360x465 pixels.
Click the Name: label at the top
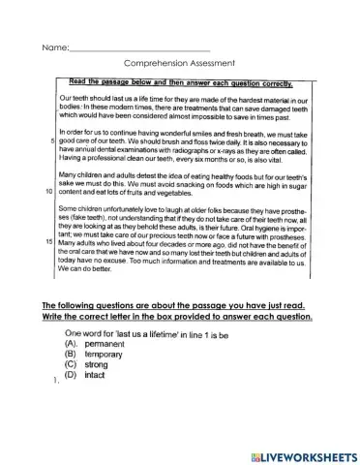click(x=54, y=46)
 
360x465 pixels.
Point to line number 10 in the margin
click(x=50, y=192)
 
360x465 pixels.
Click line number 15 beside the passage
click(x=50, y=238)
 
